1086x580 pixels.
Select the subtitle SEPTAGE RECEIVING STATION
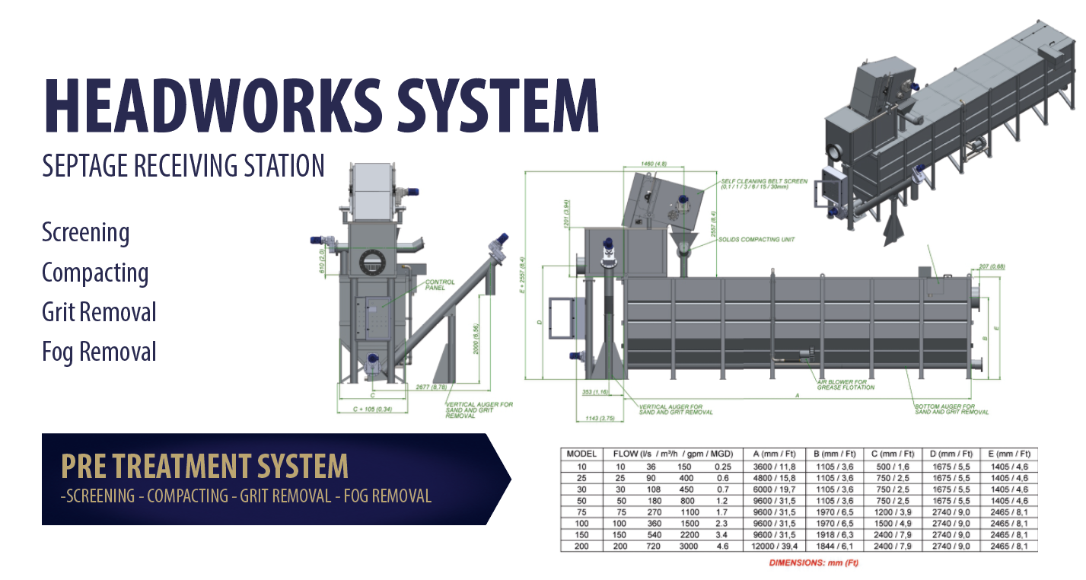(183, 165)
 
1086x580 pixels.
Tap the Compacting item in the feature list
(95, 272)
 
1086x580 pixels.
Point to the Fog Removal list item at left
(99, 352)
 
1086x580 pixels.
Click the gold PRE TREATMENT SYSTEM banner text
(204, 466)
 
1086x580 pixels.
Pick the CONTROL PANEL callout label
(440, 285)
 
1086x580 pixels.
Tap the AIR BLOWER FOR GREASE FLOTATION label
(845, 384)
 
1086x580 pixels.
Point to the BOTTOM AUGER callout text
(951, 410)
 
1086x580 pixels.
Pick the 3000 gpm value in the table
(683, 547)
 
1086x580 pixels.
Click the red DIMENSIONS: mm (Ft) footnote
(813, 563)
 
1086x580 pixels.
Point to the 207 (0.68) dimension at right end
(990, 267)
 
